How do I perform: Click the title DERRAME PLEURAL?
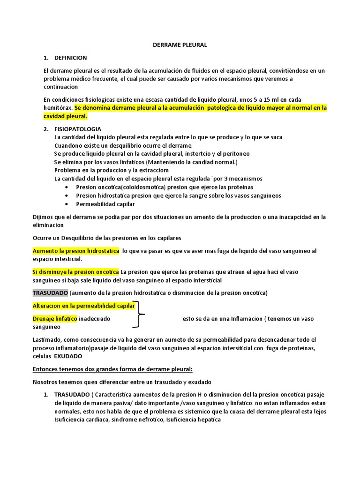click(180, 45)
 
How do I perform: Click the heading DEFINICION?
click(71, 58)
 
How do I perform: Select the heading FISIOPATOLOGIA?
click(78, 129)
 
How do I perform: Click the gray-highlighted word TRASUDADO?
click(50, 293)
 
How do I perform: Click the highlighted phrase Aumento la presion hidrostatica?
click(75, 251)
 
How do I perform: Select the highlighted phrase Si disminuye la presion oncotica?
click(75, 272)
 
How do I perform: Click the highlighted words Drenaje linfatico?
click(54, 319)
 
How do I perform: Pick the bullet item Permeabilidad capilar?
click(105, 204)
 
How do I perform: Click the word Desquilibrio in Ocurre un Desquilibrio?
click(79, 238)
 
